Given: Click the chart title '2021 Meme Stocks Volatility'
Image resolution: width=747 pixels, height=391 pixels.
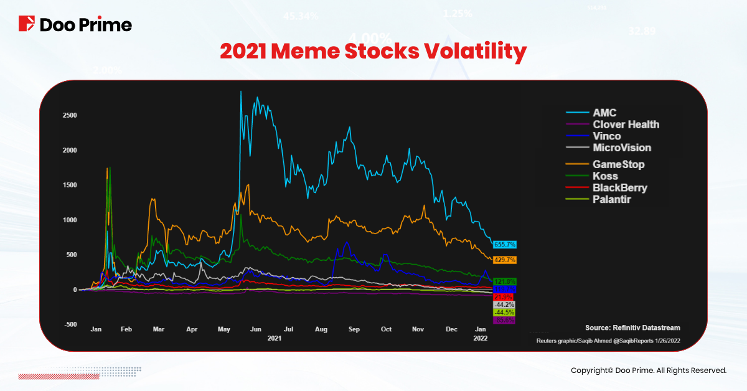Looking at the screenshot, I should point(373,52).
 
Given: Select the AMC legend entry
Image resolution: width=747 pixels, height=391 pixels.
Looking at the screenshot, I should point(604,113).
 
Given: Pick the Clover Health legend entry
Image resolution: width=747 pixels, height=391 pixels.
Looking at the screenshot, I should point(626,125).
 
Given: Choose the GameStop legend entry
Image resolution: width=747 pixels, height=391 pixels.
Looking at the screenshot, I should point(618,164).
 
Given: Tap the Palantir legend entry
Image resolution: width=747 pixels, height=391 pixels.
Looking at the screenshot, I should point(613,199).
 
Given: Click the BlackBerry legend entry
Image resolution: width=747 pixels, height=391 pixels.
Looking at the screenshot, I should point(619,187).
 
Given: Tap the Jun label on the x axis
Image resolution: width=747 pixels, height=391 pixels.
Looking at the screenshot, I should point(255,329).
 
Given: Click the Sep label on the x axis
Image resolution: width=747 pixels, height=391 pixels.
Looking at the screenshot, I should point(354,329).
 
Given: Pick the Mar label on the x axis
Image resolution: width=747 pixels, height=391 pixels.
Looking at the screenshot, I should point(159,329).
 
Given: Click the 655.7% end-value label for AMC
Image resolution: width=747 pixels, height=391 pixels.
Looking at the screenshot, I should point(505,245).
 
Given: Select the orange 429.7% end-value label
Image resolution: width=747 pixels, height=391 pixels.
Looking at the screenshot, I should point(505,260).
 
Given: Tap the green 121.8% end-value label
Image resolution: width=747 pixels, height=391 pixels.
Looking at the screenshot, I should point(504,281).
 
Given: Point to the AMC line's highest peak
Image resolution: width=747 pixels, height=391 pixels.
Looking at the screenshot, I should point(240,92).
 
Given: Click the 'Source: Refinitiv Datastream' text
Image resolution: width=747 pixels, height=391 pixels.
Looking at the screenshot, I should point(632,327).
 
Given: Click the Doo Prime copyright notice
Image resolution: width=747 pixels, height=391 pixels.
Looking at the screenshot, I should point(649,370).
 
